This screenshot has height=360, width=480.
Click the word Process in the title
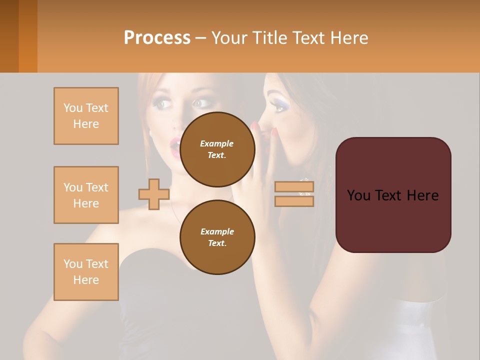(x=157, y=37)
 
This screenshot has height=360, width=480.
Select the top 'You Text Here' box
(x=86, y=116)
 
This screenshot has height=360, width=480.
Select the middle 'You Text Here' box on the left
(x=86, y=195)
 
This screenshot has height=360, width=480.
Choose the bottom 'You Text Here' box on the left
(x=86, y=271)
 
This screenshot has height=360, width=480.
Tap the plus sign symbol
(x=153, y=194)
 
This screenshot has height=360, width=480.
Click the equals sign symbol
(x=294, y=194)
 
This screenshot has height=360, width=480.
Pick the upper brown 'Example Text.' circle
(x=217, y=149)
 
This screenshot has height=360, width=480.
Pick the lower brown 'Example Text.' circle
(x=217, y=237)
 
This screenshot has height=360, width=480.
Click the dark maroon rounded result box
(x=393, y=195)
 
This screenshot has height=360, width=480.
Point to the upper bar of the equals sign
(x=294, y=187)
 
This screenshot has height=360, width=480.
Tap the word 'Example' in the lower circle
(x=217, y=231)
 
